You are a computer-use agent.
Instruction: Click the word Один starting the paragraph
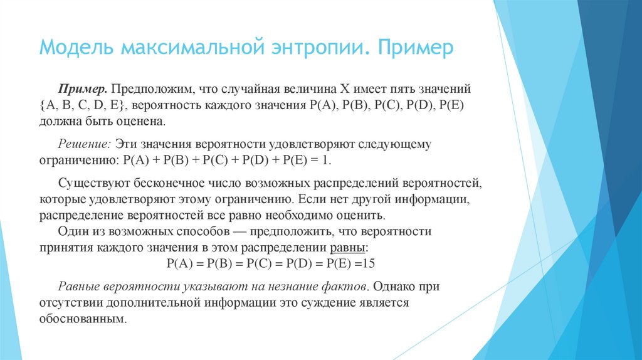(x=73, y=231)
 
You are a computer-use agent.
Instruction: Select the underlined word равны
(x=349, y=247)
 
